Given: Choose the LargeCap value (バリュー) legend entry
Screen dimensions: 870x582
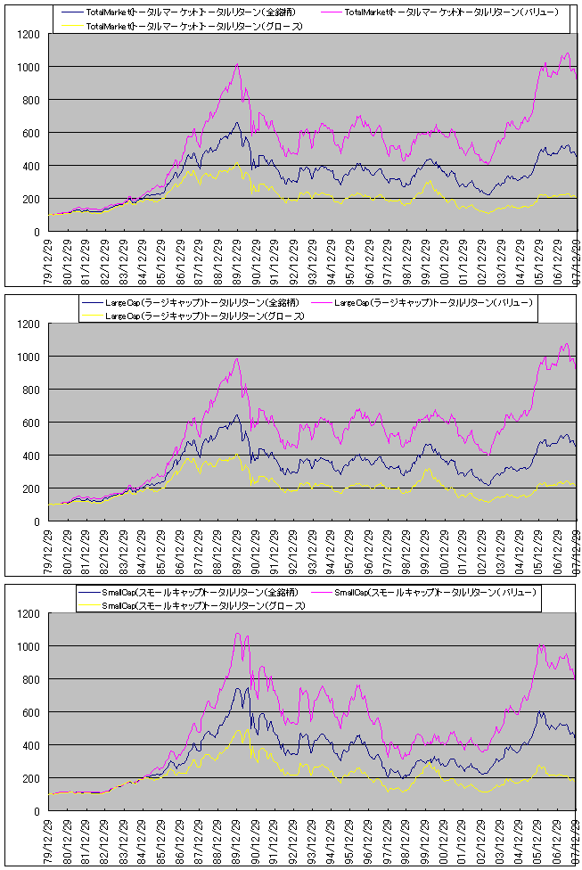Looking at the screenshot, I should [433, 303].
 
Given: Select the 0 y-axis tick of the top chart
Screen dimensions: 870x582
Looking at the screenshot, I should [38, 232].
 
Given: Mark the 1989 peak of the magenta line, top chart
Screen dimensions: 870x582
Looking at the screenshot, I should [237, 64].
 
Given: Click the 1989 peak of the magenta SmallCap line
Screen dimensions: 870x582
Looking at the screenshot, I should [237, 634].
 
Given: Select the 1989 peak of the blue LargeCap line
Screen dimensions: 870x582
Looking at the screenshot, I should [237, 414].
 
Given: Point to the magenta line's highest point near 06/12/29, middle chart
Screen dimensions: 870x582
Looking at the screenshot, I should [564, 344].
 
